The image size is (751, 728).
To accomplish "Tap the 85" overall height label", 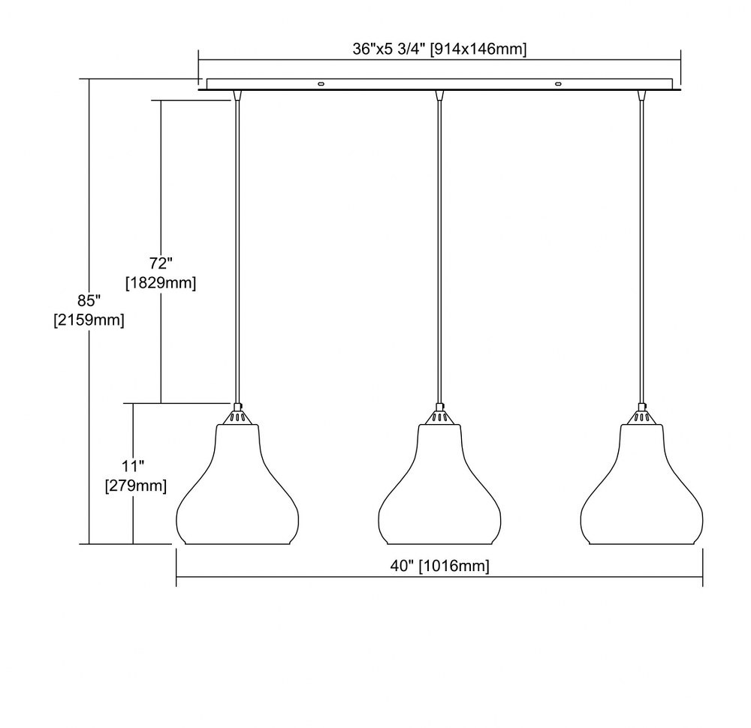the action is click(x=89, y=300).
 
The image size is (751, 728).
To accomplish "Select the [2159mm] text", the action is click(x=89, y=320).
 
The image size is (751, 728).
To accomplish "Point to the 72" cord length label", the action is click(x=161, y=263).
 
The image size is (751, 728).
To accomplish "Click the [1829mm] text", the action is click(x=161, y=283).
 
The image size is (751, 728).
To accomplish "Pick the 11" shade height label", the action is click(x=133, y=466).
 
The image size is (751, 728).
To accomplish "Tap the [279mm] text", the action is click(x=136, y=486).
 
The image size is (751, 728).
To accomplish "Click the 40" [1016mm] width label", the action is click(x=439, y=566).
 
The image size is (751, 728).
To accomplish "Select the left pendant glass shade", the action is click(x=237, y=484).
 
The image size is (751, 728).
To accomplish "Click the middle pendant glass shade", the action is click(x=439, y=484).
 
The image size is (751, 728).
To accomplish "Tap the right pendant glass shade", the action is click(x=642, y=484).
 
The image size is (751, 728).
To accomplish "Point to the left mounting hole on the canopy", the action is click(x=321, y=84).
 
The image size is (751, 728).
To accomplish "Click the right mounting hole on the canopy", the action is click(x=557, y=84).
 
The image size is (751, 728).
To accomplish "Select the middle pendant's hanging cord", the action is click(x=439, y=251).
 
